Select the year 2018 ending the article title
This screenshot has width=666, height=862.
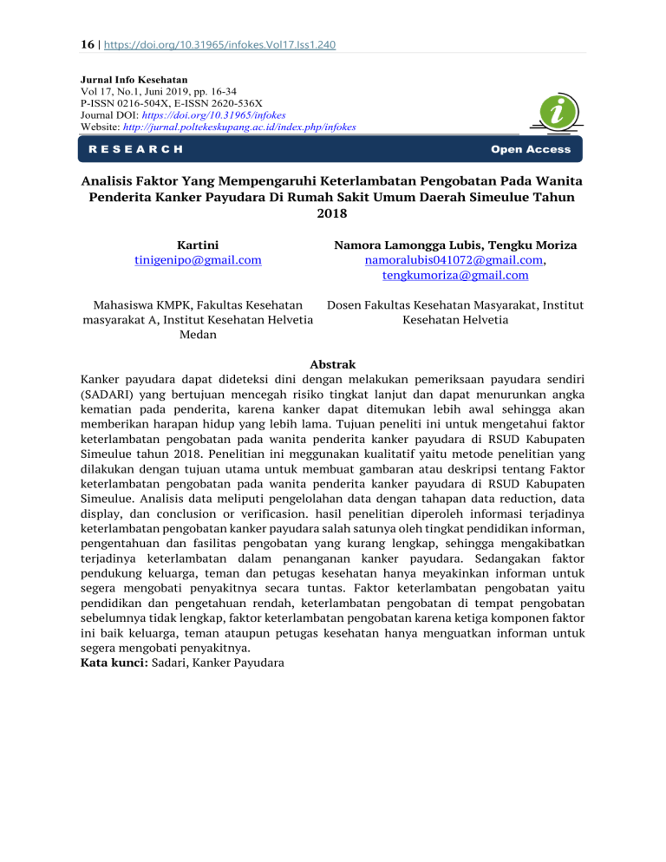[x=332, y=213]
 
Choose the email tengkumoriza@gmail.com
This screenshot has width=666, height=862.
[x=455, y=276]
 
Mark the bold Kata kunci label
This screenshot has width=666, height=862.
[x=114, y=663]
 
